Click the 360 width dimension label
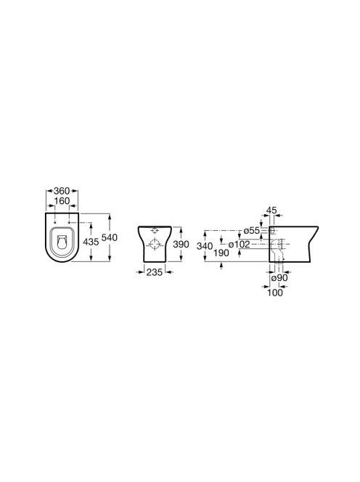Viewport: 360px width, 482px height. coord(62,191)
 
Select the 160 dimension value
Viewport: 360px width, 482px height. coord(62,201)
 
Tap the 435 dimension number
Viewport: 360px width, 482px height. coord(91,242)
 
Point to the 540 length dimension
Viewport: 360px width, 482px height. coord(110,237)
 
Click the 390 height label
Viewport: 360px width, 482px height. coord(181,245)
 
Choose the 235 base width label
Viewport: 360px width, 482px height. coord(155,272)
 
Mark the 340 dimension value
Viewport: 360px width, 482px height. coord(205,246)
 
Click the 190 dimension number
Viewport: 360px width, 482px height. coord(221,253)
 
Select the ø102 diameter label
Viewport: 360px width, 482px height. coord(239,245)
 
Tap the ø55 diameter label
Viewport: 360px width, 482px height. coord(251,231)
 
